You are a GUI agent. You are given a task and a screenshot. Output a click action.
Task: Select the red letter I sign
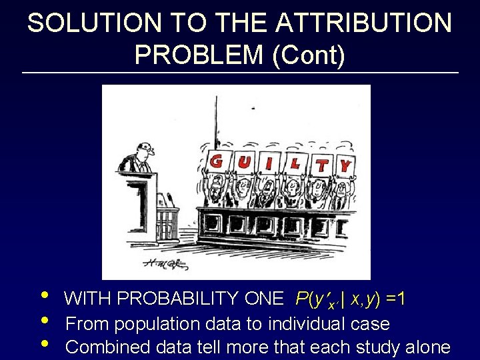(269, 162)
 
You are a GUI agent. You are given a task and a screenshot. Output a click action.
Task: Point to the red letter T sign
(322, 165)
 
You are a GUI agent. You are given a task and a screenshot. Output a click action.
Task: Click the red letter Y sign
(346, 163)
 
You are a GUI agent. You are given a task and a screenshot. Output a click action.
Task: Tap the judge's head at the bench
(145, 150)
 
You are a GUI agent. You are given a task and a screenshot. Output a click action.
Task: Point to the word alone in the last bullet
(428, 347)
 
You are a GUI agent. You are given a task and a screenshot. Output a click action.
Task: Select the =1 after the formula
(397, 299)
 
